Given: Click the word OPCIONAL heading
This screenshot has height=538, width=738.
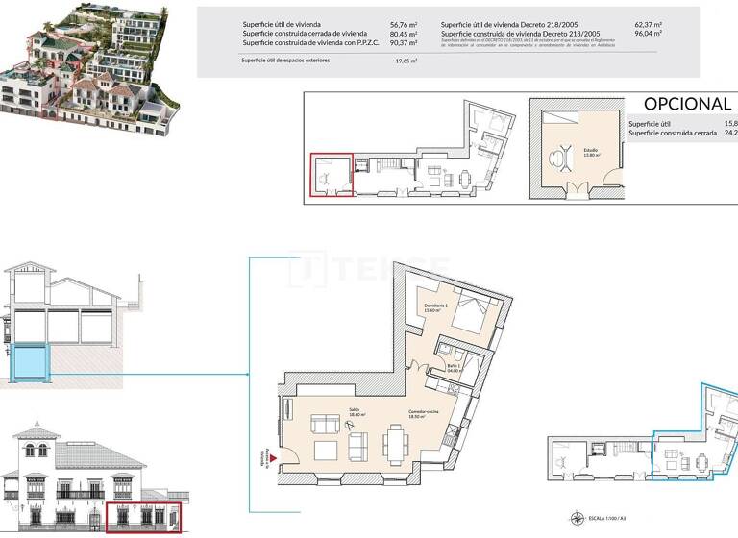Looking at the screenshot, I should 687,104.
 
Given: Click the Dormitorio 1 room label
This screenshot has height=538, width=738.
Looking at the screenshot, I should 437,307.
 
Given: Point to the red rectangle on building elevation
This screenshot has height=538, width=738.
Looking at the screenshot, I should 142,517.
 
